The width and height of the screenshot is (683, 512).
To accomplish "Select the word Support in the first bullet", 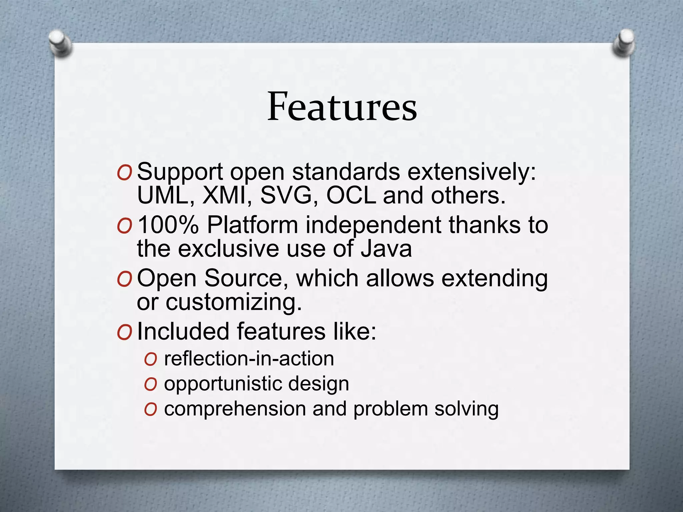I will point(180,173).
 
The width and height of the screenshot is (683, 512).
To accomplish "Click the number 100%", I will point(168,225).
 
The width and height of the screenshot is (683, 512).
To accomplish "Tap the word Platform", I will point(252,225).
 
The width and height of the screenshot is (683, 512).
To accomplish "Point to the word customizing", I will point(233,303).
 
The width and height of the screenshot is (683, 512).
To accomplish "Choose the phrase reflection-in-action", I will point(249,359).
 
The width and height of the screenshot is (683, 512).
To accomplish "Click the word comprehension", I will point(235,409).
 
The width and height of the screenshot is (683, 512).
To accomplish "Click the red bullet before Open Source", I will point(125,279).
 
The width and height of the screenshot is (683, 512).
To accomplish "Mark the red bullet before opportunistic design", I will point(150,384).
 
